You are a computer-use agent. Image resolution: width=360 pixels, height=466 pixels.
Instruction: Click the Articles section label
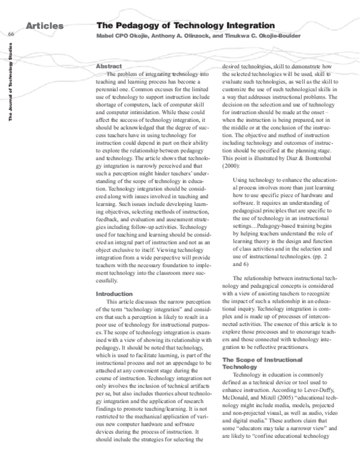(45, 26)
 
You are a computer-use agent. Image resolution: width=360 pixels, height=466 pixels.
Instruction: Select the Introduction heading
(114, 294)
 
